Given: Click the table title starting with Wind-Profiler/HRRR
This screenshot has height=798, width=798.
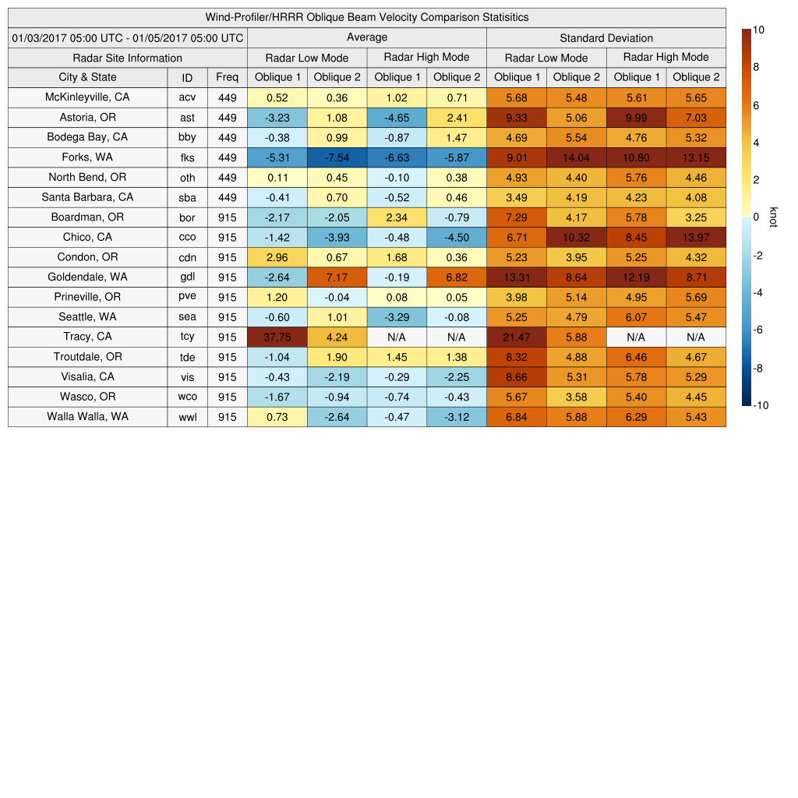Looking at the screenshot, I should pyautogui.click(x=367, y=17).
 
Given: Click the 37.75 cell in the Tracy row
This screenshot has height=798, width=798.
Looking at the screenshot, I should pyautogui.click(x=277, y=337).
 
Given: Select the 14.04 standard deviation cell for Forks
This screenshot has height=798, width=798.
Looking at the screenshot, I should pyautogui.click(x=576, y=157).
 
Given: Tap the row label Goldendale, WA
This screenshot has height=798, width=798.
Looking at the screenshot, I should pyautogui.click(x=87, y=277).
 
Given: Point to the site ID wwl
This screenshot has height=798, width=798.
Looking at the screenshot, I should pyautogui.click(x=187, y=417).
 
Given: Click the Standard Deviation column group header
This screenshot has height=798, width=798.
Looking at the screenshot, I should pyautogui.click(x=606, y=38).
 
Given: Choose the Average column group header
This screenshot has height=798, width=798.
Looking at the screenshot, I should pyautogui.click(x=367, y=37).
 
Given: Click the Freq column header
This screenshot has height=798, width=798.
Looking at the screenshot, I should pyautogui.click(x=227, y=77).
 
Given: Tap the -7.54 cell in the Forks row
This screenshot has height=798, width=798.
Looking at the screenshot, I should pyautogui.click(x=337, y=157).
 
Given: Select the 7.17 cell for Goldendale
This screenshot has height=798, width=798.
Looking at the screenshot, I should pyautogui.click(x=337, y=277).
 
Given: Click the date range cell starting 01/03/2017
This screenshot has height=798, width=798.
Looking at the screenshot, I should pyautogui.click(x=128, y=38).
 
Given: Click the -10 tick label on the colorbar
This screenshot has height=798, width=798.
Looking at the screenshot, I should pyautogui.click(x=761, y=405).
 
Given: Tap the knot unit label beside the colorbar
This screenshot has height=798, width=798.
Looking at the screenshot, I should pyautogui.click(x=773, y=217).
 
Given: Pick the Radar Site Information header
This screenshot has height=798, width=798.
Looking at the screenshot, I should pyautogui.click(x=128, y=58).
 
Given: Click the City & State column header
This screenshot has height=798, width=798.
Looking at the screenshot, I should pyautogui.click(x=87, y=77).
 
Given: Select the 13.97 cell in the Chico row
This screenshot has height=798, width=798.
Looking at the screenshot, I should pyautogui.click(x=696, y=237).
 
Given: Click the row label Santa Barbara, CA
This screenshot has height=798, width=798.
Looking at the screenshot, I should pyautogui.click(x=87, y=197).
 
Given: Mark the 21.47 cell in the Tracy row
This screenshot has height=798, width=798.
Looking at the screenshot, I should pyautogui.click(x=516, y=337).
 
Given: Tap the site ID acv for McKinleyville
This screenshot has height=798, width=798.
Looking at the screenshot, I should pyautogui.click(x=187, y=97).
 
